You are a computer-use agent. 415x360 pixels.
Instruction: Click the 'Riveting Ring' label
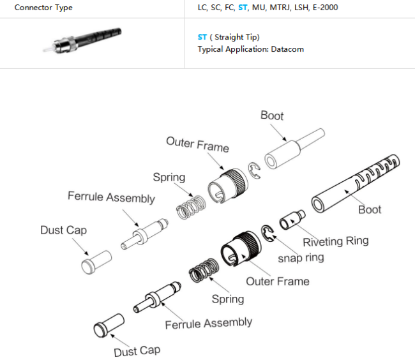point(335,241)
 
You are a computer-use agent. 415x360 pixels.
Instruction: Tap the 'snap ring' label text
point(301,258)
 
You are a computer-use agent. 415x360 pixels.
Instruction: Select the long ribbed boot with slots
point(355,185)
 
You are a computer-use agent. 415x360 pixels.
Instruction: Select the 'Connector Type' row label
point(43,8)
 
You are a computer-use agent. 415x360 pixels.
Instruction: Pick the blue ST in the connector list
point(242,8)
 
